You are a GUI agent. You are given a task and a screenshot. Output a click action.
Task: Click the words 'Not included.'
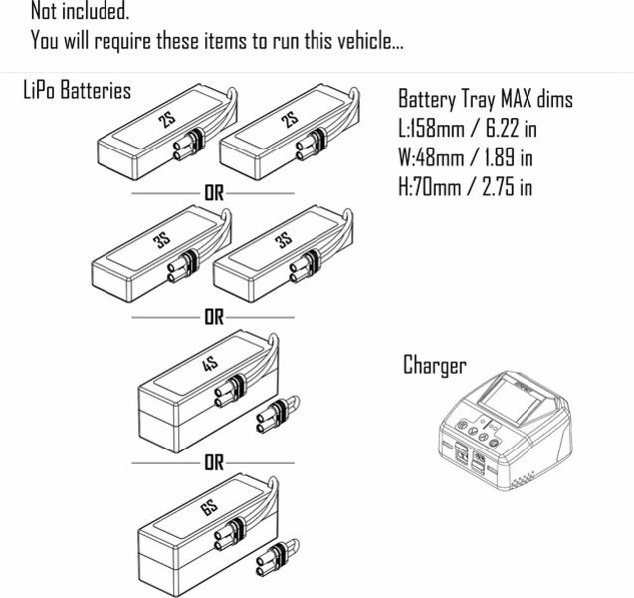[80, 13]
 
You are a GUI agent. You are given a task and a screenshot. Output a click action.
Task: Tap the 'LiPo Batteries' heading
[77, 91]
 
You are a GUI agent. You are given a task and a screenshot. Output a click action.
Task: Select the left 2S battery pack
[159, 137]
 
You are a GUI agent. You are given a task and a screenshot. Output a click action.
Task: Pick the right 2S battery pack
[282, 137]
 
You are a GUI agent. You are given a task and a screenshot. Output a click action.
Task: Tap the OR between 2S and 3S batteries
[213, 192]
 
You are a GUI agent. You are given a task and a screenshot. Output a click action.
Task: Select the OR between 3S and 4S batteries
[213, 318]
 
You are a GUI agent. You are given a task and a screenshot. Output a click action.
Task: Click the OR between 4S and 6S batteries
[213, 463]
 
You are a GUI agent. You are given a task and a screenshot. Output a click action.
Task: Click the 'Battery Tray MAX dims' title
[485, 100]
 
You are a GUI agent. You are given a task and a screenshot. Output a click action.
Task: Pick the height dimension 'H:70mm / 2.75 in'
[465, 186]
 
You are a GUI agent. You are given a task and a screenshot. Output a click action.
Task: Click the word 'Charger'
[434, 365]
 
